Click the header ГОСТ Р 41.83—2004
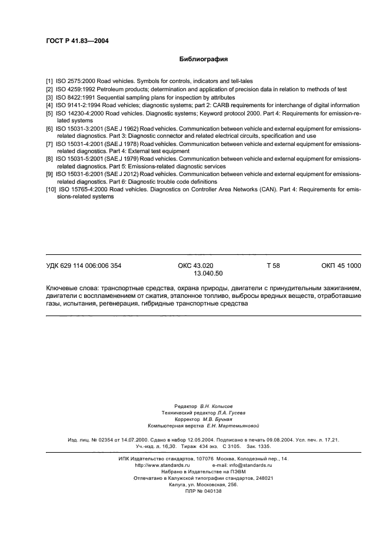pos(77,41)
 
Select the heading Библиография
pos(203,59)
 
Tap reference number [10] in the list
pos(51,190)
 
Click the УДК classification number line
pos(84,266)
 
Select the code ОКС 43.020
pos(195,266)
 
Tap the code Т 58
pos(273,266)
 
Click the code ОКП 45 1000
pos(341,266)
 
